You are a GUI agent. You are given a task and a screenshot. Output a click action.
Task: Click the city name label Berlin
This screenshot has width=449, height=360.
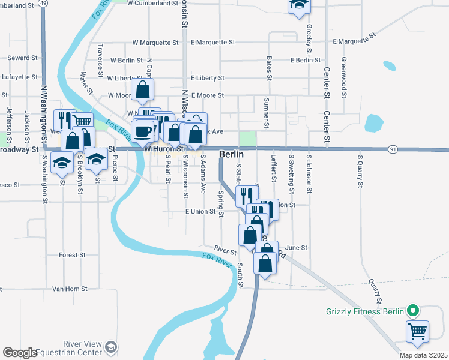tap(231, 154)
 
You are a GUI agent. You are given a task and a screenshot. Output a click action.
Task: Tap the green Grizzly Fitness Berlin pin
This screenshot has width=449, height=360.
tap(412, 311)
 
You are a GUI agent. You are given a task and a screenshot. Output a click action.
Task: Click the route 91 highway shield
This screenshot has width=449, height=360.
tap(393, 149)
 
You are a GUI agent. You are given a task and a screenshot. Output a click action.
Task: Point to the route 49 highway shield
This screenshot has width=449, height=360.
tap(43, 3)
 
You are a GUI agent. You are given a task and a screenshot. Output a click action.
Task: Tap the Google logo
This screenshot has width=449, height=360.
tap(20, 353)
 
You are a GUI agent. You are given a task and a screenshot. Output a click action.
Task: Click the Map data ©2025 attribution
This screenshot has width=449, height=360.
tap(423, 355)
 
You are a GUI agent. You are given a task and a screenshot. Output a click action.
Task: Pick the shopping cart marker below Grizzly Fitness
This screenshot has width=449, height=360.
tap(418, 330)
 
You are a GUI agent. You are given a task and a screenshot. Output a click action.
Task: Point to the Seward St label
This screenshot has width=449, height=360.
tap(22, 58)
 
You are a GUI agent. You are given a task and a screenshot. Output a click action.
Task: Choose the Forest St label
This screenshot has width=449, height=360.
tap(72, 255)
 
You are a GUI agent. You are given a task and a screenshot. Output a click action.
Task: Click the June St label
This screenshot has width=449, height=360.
tap(297, 247)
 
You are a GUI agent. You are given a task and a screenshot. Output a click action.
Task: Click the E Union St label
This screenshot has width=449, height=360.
tap(200, 211)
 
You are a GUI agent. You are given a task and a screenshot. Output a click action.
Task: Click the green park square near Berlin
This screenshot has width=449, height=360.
tap(247, 139)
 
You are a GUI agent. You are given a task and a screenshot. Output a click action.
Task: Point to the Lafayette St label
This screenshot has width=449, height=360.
tap(20, 77)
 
